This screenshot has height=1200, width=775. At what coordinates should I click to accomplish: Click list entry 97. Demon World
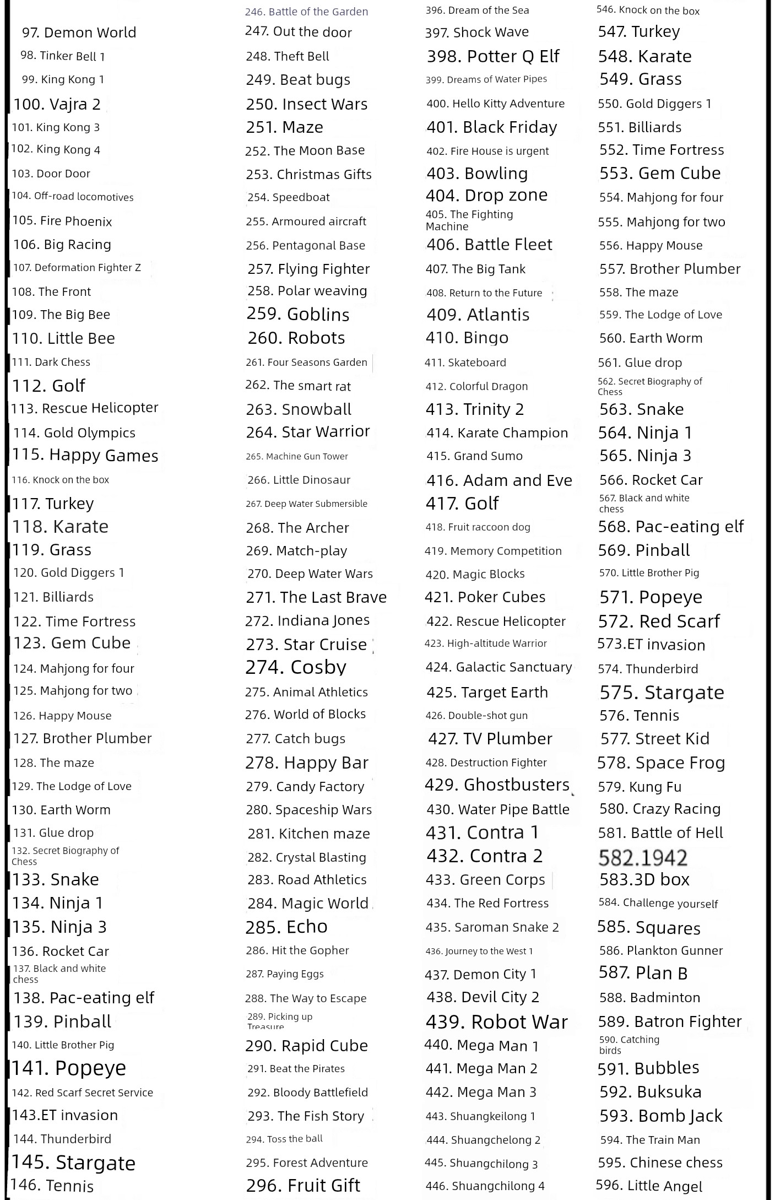point(79,33)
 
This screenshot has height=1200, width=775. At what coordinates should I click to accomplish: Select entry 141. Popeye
point(69,1068)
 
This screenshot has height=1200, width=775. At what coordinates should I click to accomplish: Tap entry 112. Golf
point(48,386)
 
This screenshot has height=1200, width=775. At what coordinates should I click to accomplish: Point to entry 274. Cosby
point(296,667)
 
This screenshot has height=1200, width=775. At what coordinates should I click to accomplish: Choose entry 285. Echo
point(286,927)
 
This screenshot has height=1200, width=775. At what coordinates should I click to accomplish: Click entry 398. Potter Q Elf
point(493,56)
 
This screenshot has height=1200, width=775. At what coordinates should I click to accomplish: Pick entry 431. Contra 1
point(482,833)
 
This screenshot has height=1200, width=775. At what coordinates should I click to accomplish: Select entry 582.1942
point(643,857)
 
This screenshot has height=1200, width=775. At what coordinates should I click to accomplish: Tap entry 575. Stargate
point(662,693)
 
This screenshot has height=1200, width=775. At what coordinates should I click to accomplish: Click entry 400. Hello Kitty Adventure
point(495,104)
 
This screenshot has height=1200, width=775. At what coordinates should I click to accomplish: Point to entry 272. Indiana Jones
point(307,620)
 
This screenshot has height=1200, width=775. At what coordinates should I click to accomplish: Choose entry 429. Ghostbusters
point(497,785)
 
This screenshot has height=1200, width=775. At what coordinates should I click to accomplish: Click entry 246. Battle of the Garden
point(306,12)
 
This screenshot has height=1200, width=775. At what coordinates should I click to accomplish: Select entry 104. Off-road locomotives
point(72,197)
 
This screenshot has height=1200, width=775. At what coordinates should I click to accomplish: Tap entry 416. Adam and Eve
point(499,480)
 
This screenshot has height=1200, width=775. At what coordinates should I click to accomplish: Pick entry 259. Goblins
point(298,314)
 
